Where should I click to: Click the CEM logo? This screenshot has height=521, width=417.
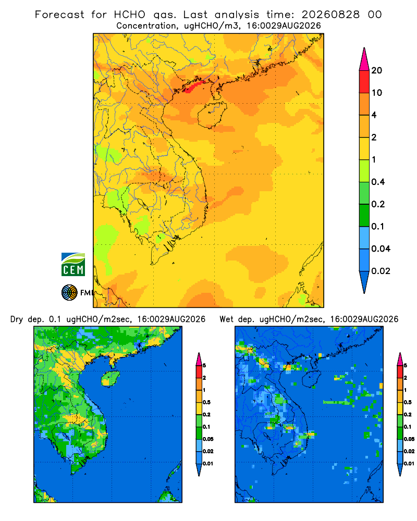point(73,265)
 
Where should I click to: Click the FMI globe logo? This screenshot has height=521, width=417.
point(69,293)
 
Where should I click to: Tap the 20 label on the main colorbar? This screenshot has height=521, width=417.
point(377,70)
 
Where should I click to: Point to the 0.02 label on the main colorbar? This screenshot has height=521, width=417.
point(381,271)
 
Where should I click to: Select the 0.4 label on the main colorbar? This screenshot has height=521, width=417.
point(378,182)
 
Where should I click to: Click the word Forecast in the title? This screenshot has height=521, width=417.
point(59,15)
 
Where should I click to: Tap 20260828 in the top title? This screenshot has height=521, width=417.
point(330,15)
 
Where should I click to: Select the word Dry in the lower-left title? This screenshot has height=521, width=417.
point(17,319)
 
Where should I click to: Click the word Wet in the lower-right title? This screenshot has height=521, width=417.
point(226,319)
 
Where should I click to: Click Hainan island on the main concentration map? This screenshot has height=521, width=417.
point(212,115)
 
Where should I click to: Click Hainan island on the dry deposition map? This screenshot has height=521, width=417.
point(111,378)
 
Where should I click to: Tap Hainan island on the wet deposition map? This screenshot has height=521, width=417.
point(312,378)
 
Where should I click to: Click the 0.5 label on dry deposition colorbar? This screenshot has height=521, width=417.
point(206,402)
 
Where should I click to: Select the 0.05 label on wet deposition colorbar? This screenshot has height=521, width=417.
point(409,439)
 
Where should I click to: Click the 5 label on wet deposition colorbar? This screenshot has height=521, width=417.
point(406,366)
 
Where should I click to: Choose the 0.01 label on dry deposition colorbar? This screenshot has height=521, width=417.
point(208,464)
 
